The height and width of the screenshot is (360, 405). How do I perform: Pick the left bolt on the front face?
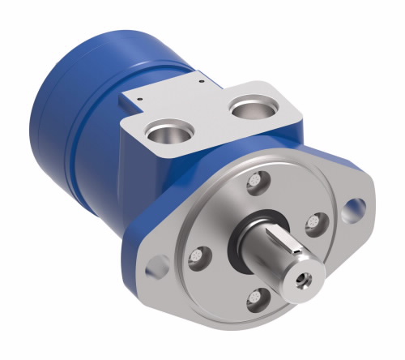click(x=196, y=259)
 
